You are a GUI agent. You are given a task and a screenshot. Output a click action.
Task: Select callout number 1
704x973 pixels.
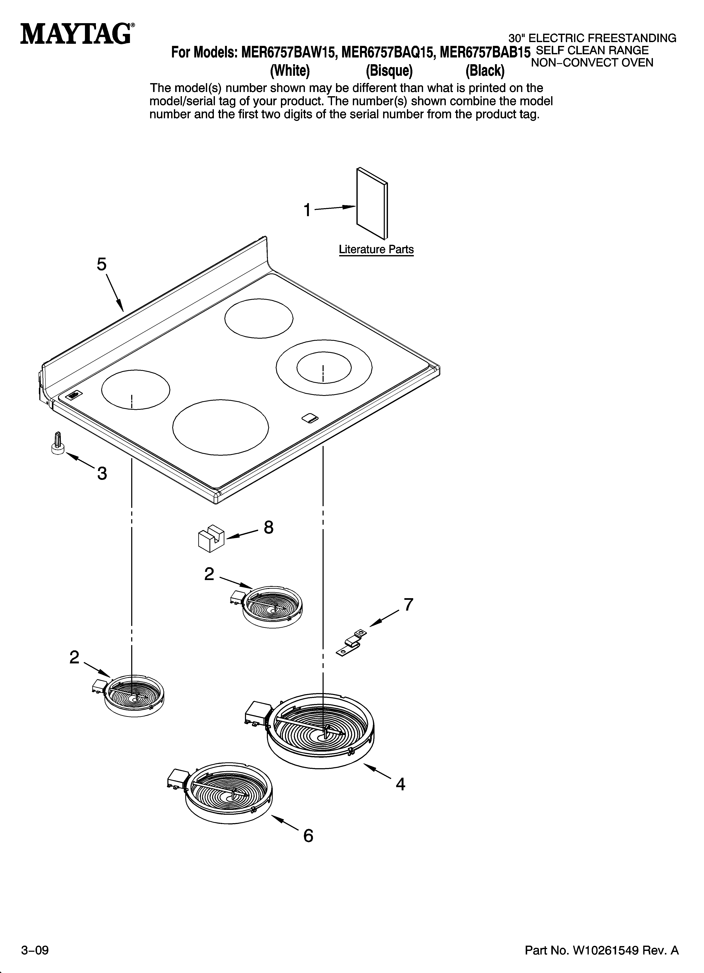tap(307, 210)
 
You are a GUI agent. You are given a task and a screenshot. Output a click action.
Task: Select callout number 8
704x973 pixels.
tap(268, 527)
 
